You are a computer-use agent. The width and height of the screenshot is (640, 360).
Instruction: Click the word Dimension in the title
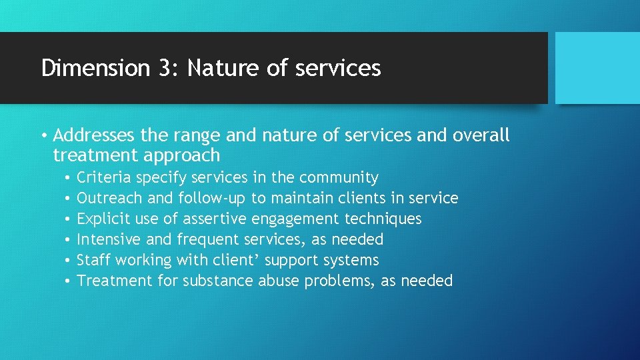coord(95,68)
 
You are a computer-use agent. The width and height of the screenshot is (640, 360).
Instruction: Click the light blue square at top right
coord(597,68)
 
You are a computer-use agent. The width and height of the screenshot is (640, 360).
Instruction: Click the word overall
coord(481,136)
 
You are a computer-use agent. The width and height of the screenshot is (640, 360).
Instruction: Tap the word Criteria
coord(104,178)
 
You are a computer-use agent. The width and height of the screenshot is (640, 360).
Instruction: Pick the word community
coord(339,178)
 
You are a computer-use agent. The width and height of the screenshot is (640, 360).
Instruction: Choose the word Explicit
coord(103,219)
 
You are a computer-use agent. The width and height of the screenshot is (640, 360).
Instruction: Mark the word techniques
coord(384,219)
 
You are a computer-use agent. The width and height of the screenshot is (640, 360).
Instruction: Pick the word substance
coord(215,281)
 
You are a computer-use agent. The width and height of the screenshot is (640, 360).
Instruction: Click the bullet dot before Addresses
coord(43,137)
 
